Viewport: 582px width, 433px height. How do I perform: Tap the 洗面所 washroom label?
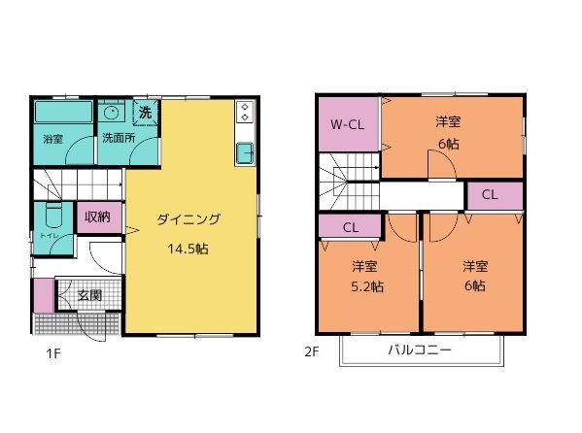[119, 139]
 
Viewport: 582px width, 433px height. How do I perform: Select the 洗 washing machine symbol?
[146, 113]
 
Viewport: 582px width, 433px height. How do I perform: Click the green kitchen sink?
[244, 152]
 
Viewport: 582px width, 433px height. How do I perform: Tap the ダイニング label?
[188, 219]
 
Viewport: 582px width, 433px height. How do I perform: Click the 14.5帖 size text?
[188, 248]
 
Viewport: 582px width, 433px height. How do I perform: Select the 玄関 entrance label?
[89, 295]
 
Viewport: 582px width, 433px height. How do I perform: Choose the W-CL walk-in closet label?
[347, 124]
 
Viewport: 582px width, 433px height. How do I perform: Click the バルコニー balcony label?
[419, 350]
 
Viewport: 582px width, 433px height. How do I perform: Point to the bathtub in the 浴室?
[63, 113]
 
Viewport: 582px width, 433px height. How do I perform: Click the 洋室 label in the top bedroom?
[448, 121]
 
